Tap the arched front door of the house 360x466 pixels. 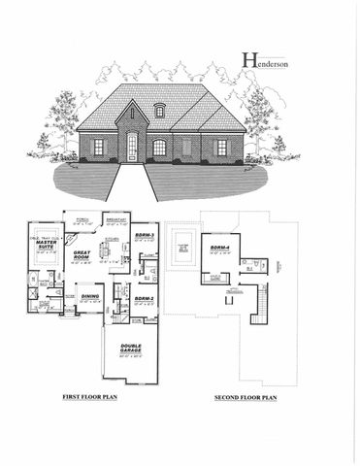coord(132,148)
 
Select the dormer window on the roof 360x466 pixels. coord(159,111)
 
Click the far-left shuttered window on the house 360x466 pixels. coord(98,147)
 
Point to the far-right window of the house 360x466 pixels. coord(221,147)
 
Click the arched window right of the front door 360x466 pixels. coord(159,148)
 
